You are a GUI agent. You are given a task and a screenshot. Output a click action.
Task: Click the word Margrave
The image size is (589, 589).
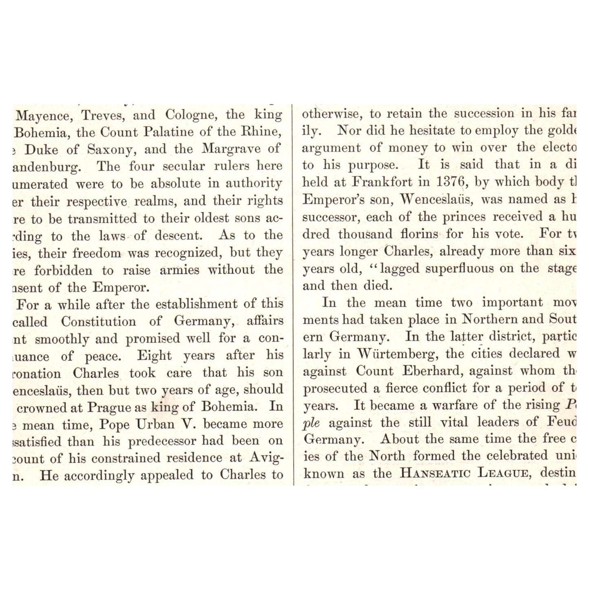[x=231, y=149]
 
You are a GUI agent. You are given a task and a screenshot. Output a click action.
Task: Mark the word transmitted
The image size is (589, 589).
[x=103, y=218]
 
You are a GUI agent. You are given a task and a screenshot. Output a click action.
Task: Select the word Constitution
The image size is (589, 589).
[x=99, y=322]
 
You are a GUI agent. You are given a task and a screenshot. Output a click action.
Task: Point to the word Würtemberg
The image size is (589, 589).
[x=398, y=353]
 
